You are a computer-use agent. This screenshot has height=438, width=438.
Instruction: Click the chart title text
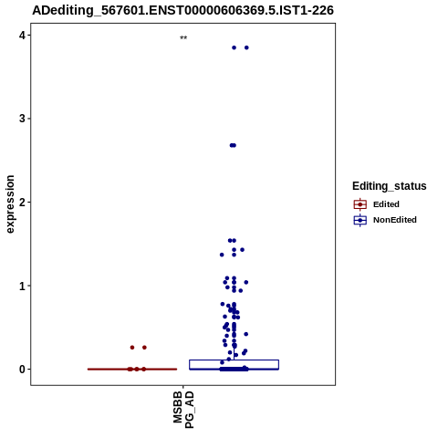182,10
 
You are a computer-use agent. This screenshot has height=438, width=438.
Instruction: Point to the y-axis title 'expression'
10,204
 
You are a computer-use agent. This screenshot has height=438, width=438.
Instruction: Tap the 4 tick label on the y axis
22,36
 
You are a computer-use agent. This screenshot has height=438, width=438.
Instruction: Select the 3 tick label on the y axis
22,119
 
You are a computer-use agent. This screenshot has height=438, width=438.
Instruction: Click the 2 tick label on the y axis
22,202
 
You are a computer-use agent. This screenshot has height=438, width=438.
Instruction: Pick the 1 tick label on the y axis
22,286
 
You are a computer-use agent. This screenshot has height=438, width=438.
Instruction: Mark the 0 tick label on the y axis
22,370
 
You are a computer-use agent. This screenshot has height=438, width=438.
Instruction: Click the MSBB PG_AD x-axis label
183,410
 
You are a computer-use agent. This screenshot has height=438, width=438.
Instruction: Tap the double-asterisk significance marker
183,37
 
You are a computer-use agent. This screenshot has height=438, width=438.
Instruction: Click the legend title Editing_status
390,186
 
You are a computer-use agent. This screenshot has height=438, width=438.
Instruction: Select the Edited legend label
386,204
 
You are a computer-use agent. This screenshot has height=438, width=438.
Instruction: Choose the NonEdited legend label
395,220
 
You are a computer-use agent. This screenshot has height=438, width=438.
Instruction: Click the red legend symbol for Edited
360,204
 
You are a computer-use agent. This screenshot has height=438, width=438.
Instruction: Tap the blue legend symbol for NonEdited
360,220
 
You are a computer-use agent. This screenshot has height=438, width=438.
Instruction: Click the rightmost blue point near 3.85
246,47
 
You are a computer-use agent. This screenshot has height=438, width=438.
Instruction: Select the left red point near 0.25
132,348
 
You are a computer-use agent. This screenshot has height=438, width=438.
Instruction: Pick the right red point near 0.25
144,348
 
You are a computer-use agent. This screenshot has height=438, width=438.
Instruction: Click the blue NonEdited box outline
234,360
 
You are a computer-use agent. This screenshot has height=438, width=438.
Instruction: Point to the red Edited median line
132,370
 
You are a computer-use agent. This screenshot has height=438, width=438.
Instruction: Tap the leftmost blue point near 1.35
222,255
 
